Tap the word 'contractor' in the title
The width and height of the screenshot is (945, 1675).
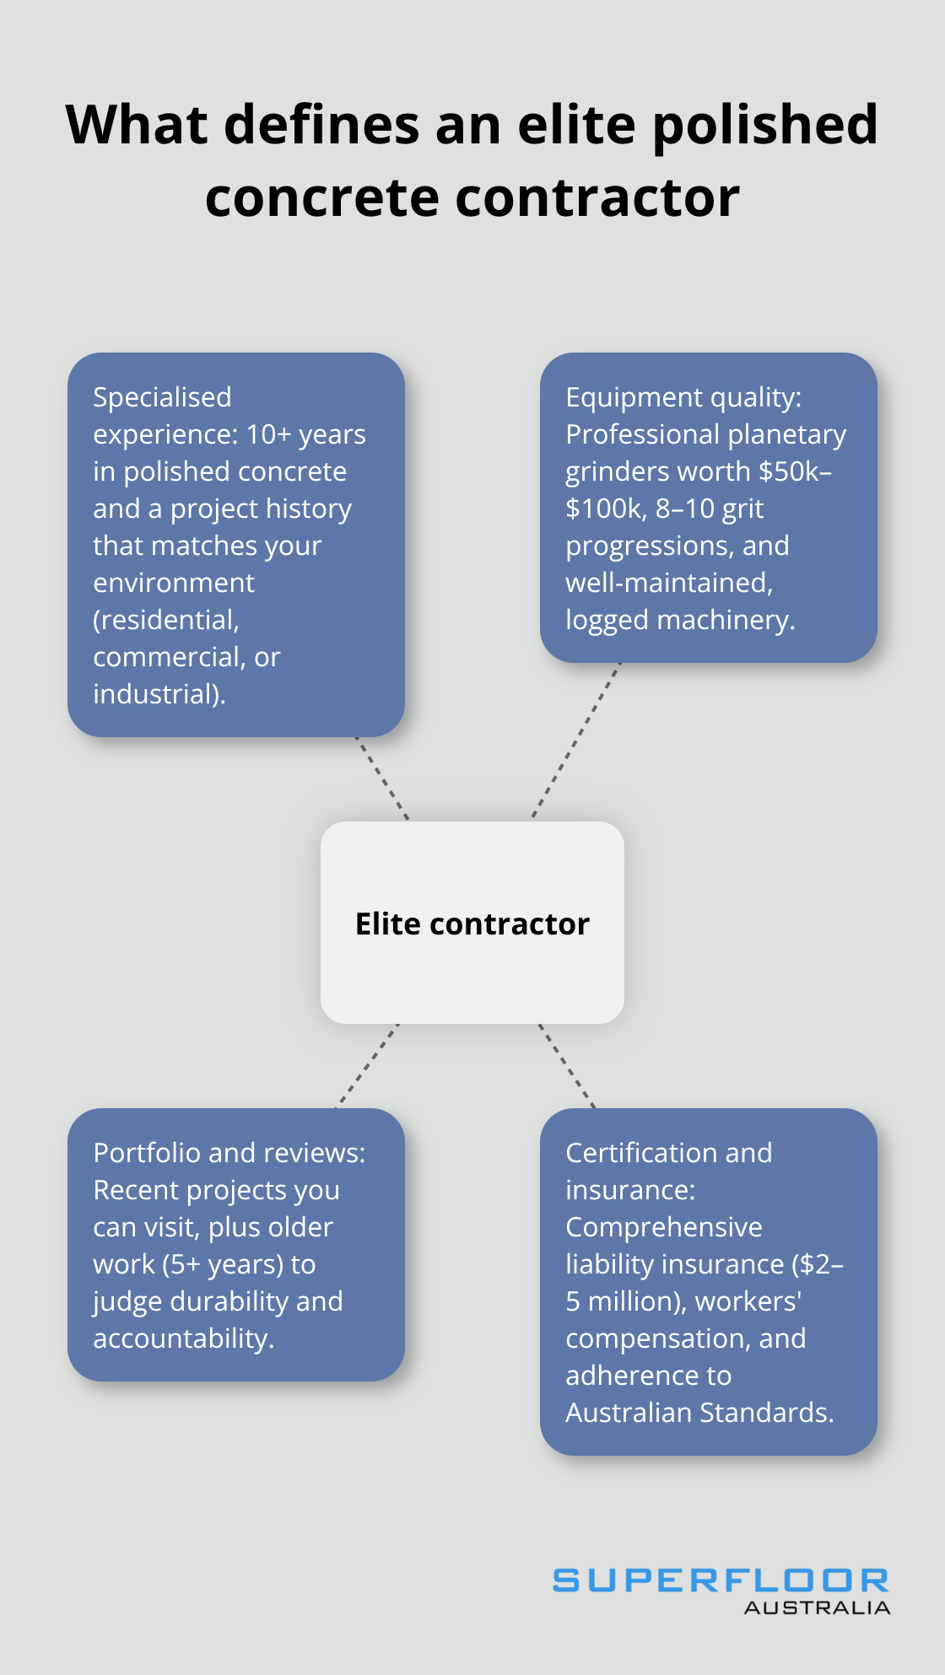click(x=597, y=199)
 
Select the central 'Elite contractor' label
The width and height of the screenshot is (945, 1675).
click(x=472, y=924)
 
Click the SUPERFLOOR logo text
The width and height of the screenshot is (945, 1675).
click(x=721, y=1581)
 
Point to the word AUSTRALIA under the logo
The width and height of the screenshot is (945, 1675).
click(x=817, y=1608)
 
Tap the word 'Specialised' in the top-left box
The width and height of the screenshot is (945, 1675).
click(x=162, y=397)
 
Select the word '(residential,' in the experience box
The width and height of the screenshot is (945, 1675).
click(x=166, y=620)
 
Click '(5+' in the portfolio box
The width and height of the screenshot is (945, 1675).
click(x=181, y=1264)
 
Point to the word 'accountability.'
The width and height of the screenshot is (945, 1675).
click(x=184, y=1338)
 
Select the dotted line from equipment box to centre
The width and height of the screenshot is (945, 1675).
click(x=576, y=741)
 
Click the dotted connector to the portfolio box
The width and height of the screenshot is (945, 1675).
click(x=368, y=1065)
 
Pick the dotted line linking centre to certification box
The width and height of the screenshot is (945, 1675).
click(x=567, y=1065)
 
